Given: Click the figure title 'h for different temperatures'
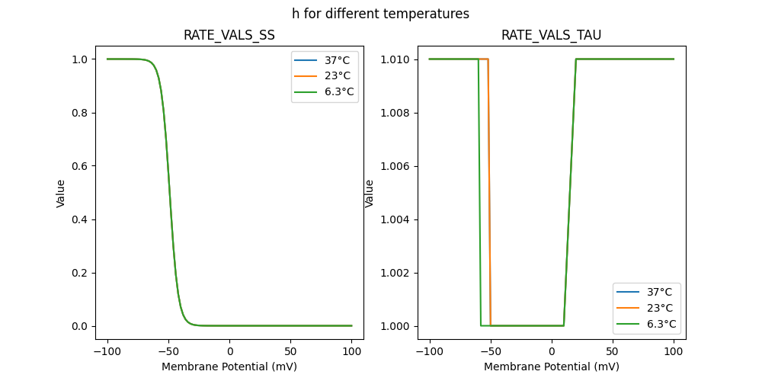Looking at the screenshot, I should point(380,14).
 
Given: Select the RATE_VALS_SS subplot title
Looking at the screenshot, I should point(229,35).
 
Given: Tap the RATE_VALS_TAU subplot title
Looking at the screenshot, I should point(551,35).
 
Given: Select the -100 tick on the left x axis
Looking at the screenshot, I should point(107,351).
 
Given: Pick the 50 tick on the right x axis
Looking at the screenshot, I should point(613,351).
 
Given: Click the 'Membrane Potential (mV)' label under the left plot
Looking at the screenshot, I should point(229,367).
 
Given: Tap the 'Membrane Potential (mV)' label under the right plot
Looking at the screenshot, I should point(552,367).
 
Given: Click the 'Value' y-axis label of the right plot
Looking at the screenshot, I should point(370,193).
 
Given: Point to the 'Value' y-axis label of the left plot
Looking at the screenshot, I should point(61,193).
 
